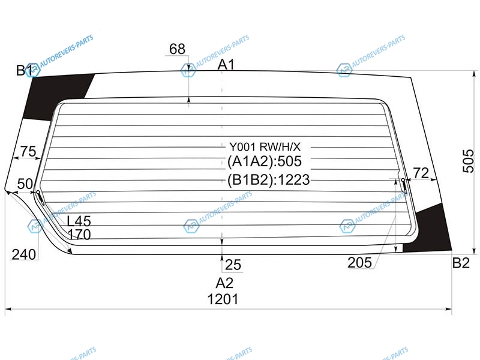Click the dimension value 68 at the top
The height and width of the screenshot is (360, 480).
click(177, 49)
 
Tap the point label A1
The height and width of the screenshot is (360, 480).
click(226, 65)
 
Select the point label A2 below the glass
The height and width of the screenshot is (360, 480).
click(224, 283)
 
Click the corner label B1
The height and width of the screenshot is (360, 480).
click(25, 70)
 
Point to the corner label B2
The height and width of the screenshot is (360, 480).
click(461, 263)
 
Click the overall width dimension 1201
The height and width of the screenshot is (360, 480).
click(223, 299)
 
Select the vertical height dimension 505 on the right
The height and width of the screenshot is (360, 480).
click(468, 161)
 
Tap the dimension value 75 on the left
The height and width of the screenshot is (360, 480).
click(28, 151)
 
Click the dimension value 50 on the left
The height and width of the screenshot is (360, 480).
click(25, 184)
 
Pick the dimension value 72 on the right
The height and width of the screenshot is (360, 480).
click(421, 173)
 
